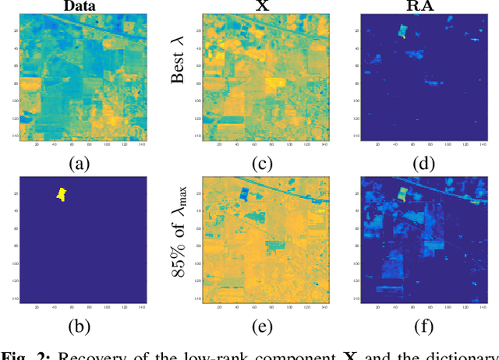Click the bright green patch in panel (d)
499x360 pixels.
(402, 31)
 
